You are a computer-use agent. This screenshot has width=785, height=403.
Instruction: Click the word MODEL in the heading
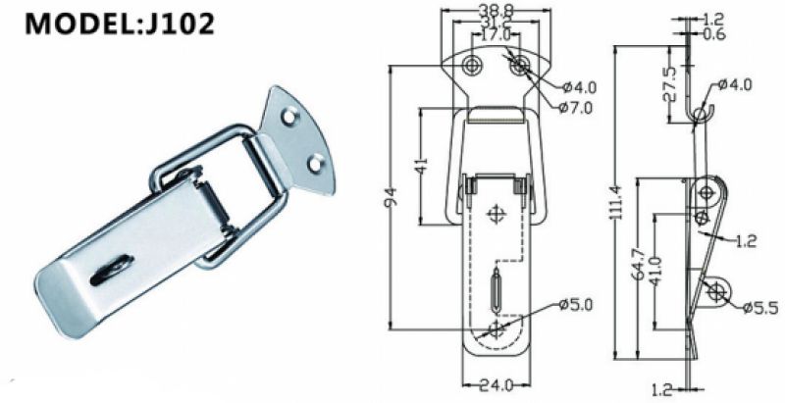pyautogui.click(x=73, y=24)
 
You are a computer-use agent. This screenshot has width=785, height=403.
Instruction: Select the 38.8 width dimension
pyautogui.click(x=496, y=10)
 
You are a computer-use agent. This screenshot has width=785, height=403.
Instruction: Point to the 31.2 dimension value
pyautogui.click(x=496, y=22)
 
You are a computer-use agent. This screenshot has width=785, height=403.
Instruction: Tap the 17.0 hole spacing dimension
pyautogui.click(x=496, y=35)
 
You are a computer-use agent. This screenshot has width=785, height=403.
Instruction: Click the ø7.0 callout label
pyautogui.click(x=576, y=107)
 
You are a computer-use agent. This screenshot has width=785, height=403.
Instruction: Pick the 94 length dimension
pyautogui.click(x=393, y=196)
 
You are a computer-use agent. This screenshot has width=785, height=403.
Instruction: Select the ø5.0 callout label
pyautogui.click(x=576, y=305)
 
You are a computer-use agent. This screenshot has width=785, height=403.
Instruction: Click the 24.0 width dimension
pyautogui.click(x=497, y=385)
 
